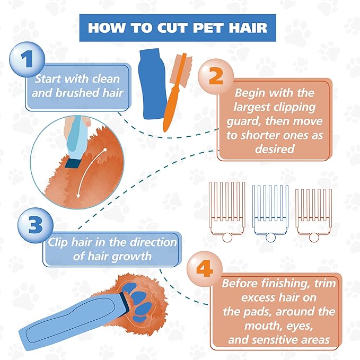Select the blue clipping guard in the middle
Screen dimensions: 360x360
270,209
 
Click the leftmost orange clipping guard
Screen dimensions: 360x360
226,209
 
